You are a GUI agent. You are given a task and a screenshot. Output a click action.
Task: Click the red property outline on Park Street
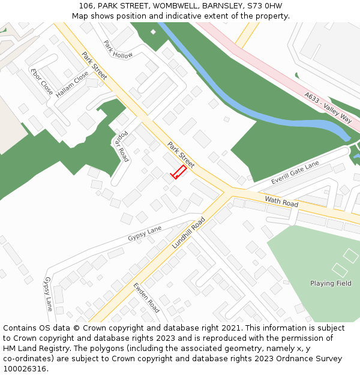click(x=178, y=172)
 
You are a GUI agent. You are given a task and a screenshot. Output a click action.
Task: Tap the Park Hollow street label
click(x=118, y=50)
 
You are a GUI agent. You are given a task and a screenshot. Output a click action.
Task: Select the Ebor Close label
click(x=41, y=81)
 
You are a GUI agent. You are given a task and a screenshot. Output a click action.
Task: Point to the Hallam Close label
click(x=72, y=85)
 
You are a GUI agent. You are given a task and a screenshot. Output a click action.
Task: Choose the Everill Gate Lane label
click(x=295, y=173)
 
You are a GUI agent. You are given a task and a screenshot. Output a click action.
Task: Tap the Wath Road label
click(x=281, y=202)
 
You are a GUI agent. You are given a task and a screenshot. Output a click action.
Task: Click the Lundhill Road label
click(x=188, y=233)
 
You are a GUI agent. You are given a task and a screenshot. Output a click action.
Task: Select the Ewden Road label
click(x=146, y=298)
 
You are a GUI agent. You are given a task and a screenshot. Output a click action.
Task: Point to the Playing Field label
click(x=331, y=283)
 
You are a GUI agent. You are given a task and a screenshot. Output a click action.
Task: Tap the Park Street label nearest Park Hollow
click(x=94, y=65)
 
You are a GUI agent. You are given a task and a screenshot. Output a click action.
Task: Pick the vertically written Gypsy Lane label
click(x=48, y=293)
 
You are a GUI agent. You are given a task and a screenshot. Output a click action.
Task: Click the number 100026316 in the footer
click(x=25, y=368)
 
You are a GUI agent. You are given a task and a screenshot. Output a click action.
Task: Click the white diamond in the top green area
click(x=153, y=32)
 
